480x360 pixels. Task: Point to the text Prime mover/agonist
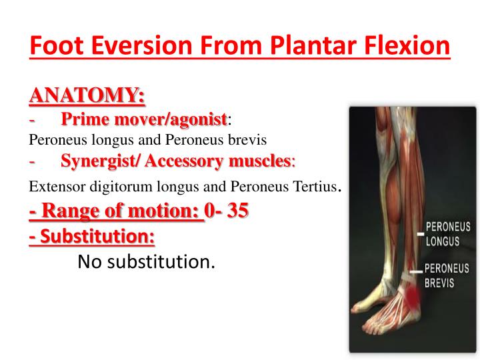pos(143,120)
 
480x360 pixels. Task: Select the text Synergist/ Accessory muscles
pos(176,161)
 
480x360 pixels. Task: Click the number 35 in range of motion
pos(237,212)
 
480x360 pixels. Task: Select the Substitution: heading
pos(92,236)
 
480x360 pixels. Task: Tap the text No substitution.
pos(147,262)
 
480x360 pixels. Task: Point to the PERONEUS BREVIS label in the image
pos(447,275)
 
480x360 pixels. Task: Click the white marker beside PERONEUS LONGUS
pos(420,234)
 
